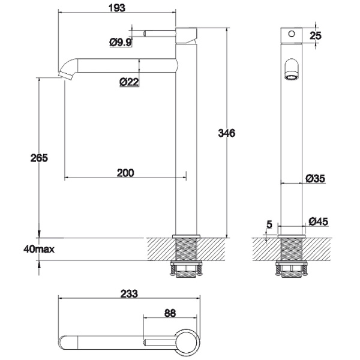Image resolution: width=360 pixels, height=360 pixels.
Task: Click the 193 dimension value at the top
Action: click(117, 8)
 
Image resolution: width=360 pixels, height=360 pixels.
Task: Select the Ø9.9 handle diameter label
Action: click(121, 42)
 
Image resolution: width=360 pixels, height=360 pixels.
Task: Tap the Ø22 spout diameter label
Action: click(129, 82)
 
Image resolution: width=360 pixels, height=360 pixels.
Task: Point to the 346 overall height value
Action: click(227, 133)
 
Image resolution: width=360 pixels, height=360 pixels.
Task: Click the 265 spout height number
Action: click(39, 158)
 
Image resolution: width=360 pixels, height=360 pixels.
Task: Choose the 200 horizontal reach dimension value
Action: click(125, 173)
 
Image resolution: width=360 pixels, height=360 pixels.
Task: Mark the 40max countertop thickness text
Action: click(39, 249)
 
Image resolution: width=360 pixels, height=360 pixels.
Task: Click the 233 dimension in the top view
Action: click(129, 293)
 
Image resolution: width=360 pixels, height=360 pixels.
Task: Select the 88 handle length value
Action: click(170, 313)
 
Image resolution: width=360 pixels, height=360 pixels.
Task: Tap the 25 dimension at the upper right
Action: click(316, 35)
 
